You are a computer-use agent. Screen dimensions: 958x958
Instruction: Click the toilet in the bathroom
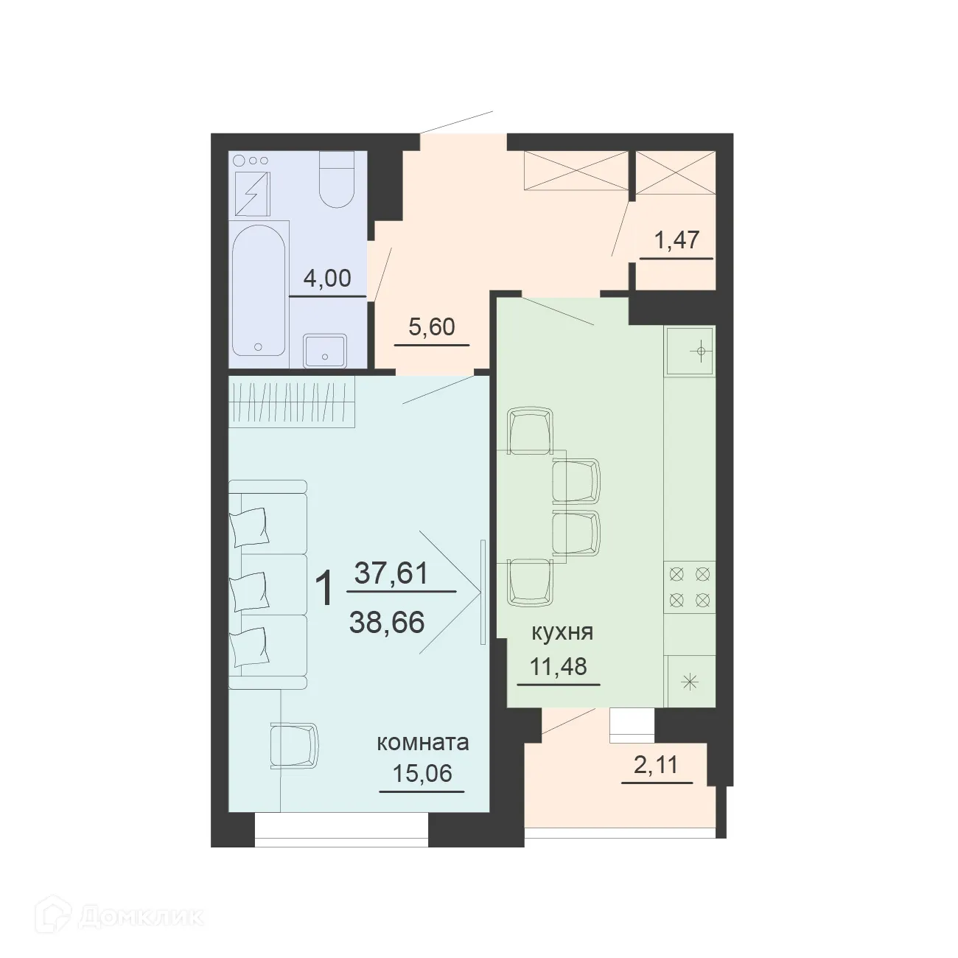(337, 179)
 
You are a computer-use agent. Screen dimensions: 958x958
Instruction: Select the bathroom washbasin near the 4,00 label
(325, 351)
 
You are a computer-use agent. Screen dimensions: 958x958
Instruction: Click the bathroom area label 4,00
(327, 279)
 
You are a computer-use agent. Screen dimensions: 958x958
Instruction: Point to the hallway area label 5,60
(432, 326)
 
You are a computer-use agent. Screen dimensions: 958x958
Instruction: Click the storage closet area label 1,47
(676, 241)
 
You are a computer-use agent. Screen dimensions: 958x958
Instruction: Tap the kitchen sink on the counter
(690, 351)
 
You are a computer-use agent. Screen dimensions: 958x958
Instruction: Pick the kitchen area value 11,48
(559, 666)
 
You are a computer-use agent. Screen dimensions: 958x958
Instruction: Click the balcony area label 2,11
(656, 766)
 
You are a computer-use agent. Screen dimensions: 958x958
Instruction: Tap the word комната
(422, 742)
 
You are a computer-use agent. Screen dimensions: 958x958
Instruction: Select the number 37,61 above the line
(391, 573)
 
